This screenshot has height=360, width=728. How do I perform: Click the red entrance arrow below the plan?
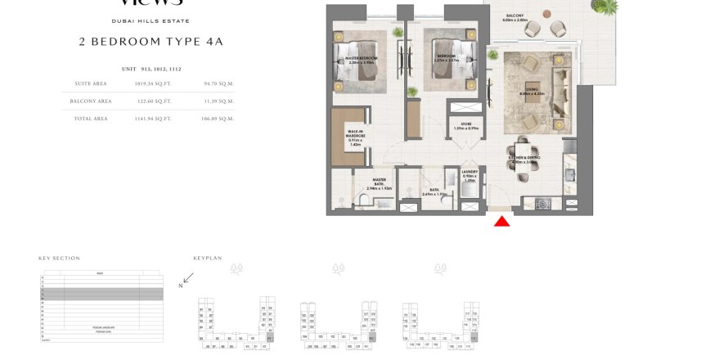tap(502, 221)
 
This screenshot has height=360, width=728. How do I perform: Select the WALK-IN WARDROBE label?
tap(355, 137)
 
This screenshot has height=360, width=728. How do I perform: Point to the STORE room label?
tap(465, 127)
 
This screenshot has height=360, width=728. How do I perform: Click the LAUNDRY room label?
tap(470, 174)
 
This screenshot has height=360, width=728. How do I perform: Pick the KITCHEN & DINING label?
tap(524, 160)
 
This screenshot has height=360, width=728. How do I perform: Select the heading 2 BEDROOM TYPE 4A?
tap(150, 41)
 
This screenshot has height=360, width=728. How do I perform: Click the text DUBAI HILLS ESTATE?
tap(150, 20)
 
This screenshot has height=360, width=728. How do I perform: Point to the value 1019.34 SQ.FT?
tap(153, 83)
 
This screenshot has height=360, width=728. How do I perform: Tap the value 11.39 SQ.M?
tap(219, 101)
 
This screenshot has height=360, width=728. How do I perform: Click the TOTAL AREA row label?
tap(90, 119)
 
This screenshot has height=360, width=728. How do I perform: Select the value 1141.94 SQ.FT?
tap(153, 119)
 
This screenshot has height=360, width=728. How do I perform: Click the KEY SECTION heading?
tap(59, 258)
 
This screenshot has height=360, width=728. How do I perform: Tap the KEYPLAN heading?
tap(208, 258)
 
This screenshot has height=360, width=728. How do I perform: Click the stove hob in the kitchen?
tap(542, 203)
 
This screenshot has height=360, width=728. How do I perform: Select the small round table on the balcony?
tap(544, 27)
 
